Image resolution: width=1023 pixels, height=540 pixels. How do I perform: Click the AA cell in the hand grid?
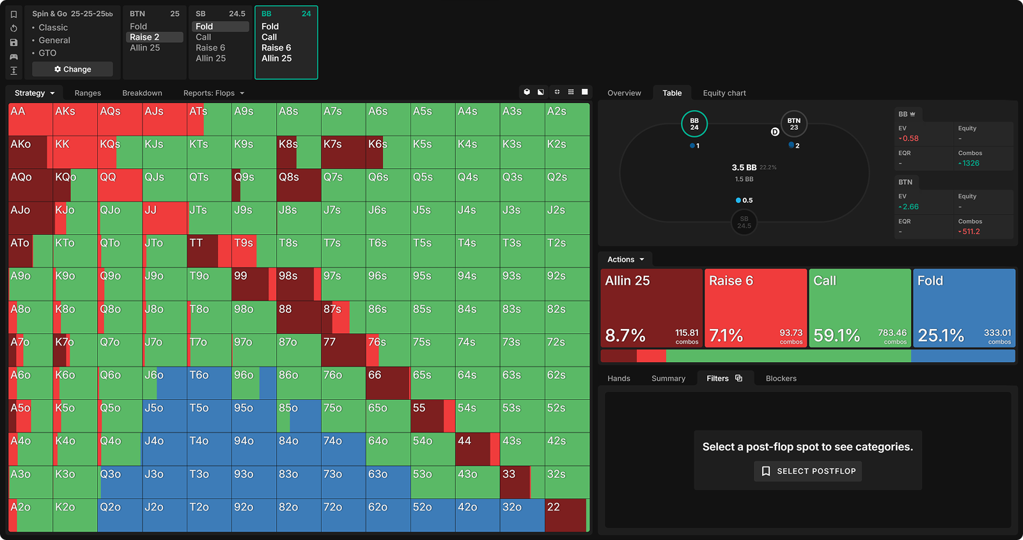pyautogui.click(x=30, y=119)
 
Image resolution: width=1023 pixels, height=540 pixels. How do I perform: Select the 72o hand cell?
pyautogui.click(x=343, y=515)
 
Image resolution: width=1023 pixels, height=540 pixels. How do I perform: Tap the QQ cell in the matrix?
pyautogui.click(x=120, y=185)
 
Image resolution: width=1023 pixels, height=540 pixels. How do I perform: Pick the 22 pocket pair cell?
pyautogui.click(x=566, y=515)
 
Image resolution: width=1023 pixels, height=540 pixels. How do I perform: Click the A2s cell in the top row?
pyautogui.click(x=566, y=119)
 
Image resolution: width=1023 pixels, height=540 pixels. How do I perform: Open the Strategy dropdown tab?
pyautogui.click(x=35, y=93)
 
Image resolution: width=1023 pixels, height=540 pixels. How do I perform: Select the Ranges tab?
pyautogui.click(x=88, y=93)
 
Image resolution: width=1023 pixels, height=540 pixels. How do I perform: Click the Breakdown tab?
pyautogui.click(x=142, y=93)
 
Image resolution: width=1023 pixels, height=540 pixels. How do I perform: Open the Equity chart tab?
pyautogui.click(x=724, y=93)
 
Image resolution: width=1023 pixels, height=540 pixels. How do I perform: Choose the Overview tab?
pyautogui.click(x=624, y=93)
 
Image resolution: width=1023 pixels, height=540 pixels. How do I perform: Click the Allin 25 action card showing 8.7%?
pyautogui.click(x=652, y=308)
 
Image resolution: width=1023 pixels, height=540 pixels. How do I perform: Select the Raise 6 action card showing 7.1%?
pyautogui.click(x=756, y=308)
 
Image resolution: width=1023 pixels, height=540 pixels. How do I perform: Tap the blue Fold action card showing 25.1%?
pyautogui.click(x=964, y=308)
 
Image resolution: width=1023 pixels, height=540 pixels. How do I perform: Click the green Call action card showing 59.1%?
pyautogui.click(x=860, y=308)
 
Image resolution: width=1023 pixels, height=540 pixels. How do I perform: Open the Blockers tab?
pyautogui.click(x=781, y=378)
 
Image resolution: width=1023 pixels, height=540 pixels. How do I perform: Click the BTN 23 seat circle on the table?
pyautogui.click(x=793, y=124)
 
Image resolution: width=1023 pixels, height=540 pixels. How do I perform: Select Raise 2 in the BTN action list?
pyautogui.click(x=144, y=37)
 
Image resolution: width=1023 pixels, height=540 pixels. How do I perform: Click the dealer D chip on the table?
pyautogui.click(x=775, y=132)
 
